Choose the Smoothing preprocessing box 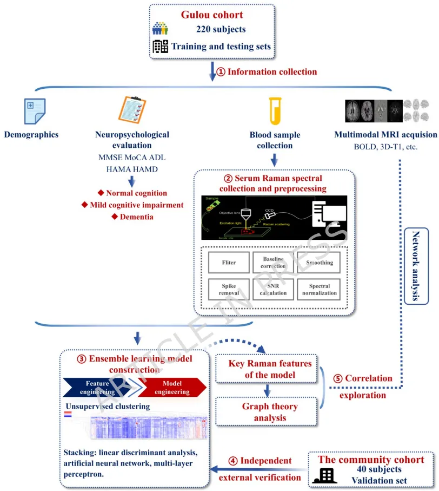tap(320, 263)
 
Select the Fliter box tap(229, 263)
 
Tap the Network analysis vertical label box tap(416, 266)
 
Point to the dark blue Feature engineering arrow tap(100, 388)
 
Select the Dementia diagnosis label tap(132, 217)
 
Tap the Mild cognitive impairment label tap(132, 205)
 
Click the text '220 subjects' tap(221, 29)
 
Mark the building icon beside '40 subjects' tap(324, 475)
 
